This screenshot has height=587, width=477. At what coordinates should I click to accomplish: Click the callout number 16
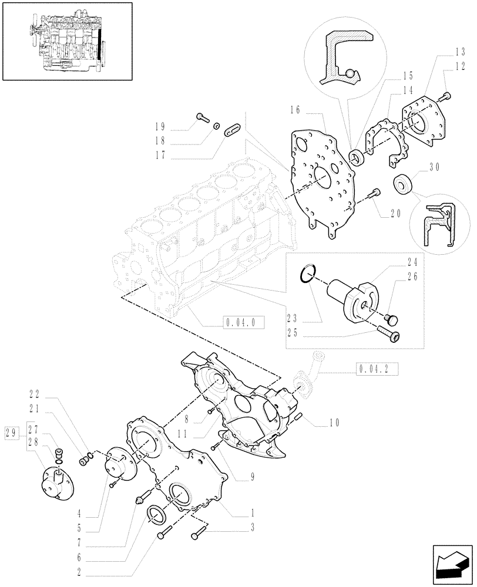click(x=295, y=109)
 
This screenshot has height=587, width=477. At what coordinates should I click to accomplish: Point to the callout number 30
click(x=435, y=167)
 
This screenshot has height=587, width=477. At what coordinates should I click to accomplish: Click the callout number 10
click(x=335, y=421)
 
